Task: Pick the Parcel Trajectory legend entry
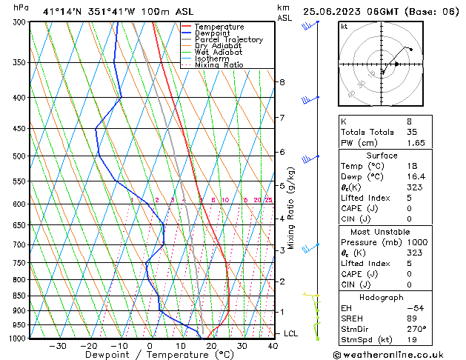click(228, 40)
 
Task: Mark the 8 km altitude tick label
click(282, 81)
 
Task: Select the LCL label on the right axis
click(291, 333)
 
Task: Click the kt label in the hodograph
click(344, 27)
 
